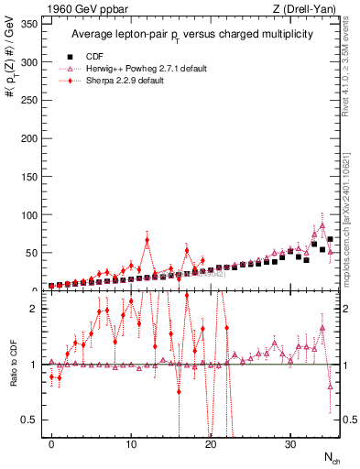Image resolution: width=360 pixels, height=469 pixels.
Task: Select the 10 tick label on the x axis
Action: coord(131,443)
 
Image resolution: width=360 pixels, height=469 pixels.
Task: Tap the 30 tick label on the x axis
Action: coord(290,443)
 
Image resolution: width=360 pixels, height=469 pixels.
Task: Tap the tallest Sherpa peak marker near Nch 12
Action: coord(147,241)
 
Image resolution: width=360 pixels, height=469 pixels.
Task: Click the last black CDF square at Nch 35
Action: coord(330,239)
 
